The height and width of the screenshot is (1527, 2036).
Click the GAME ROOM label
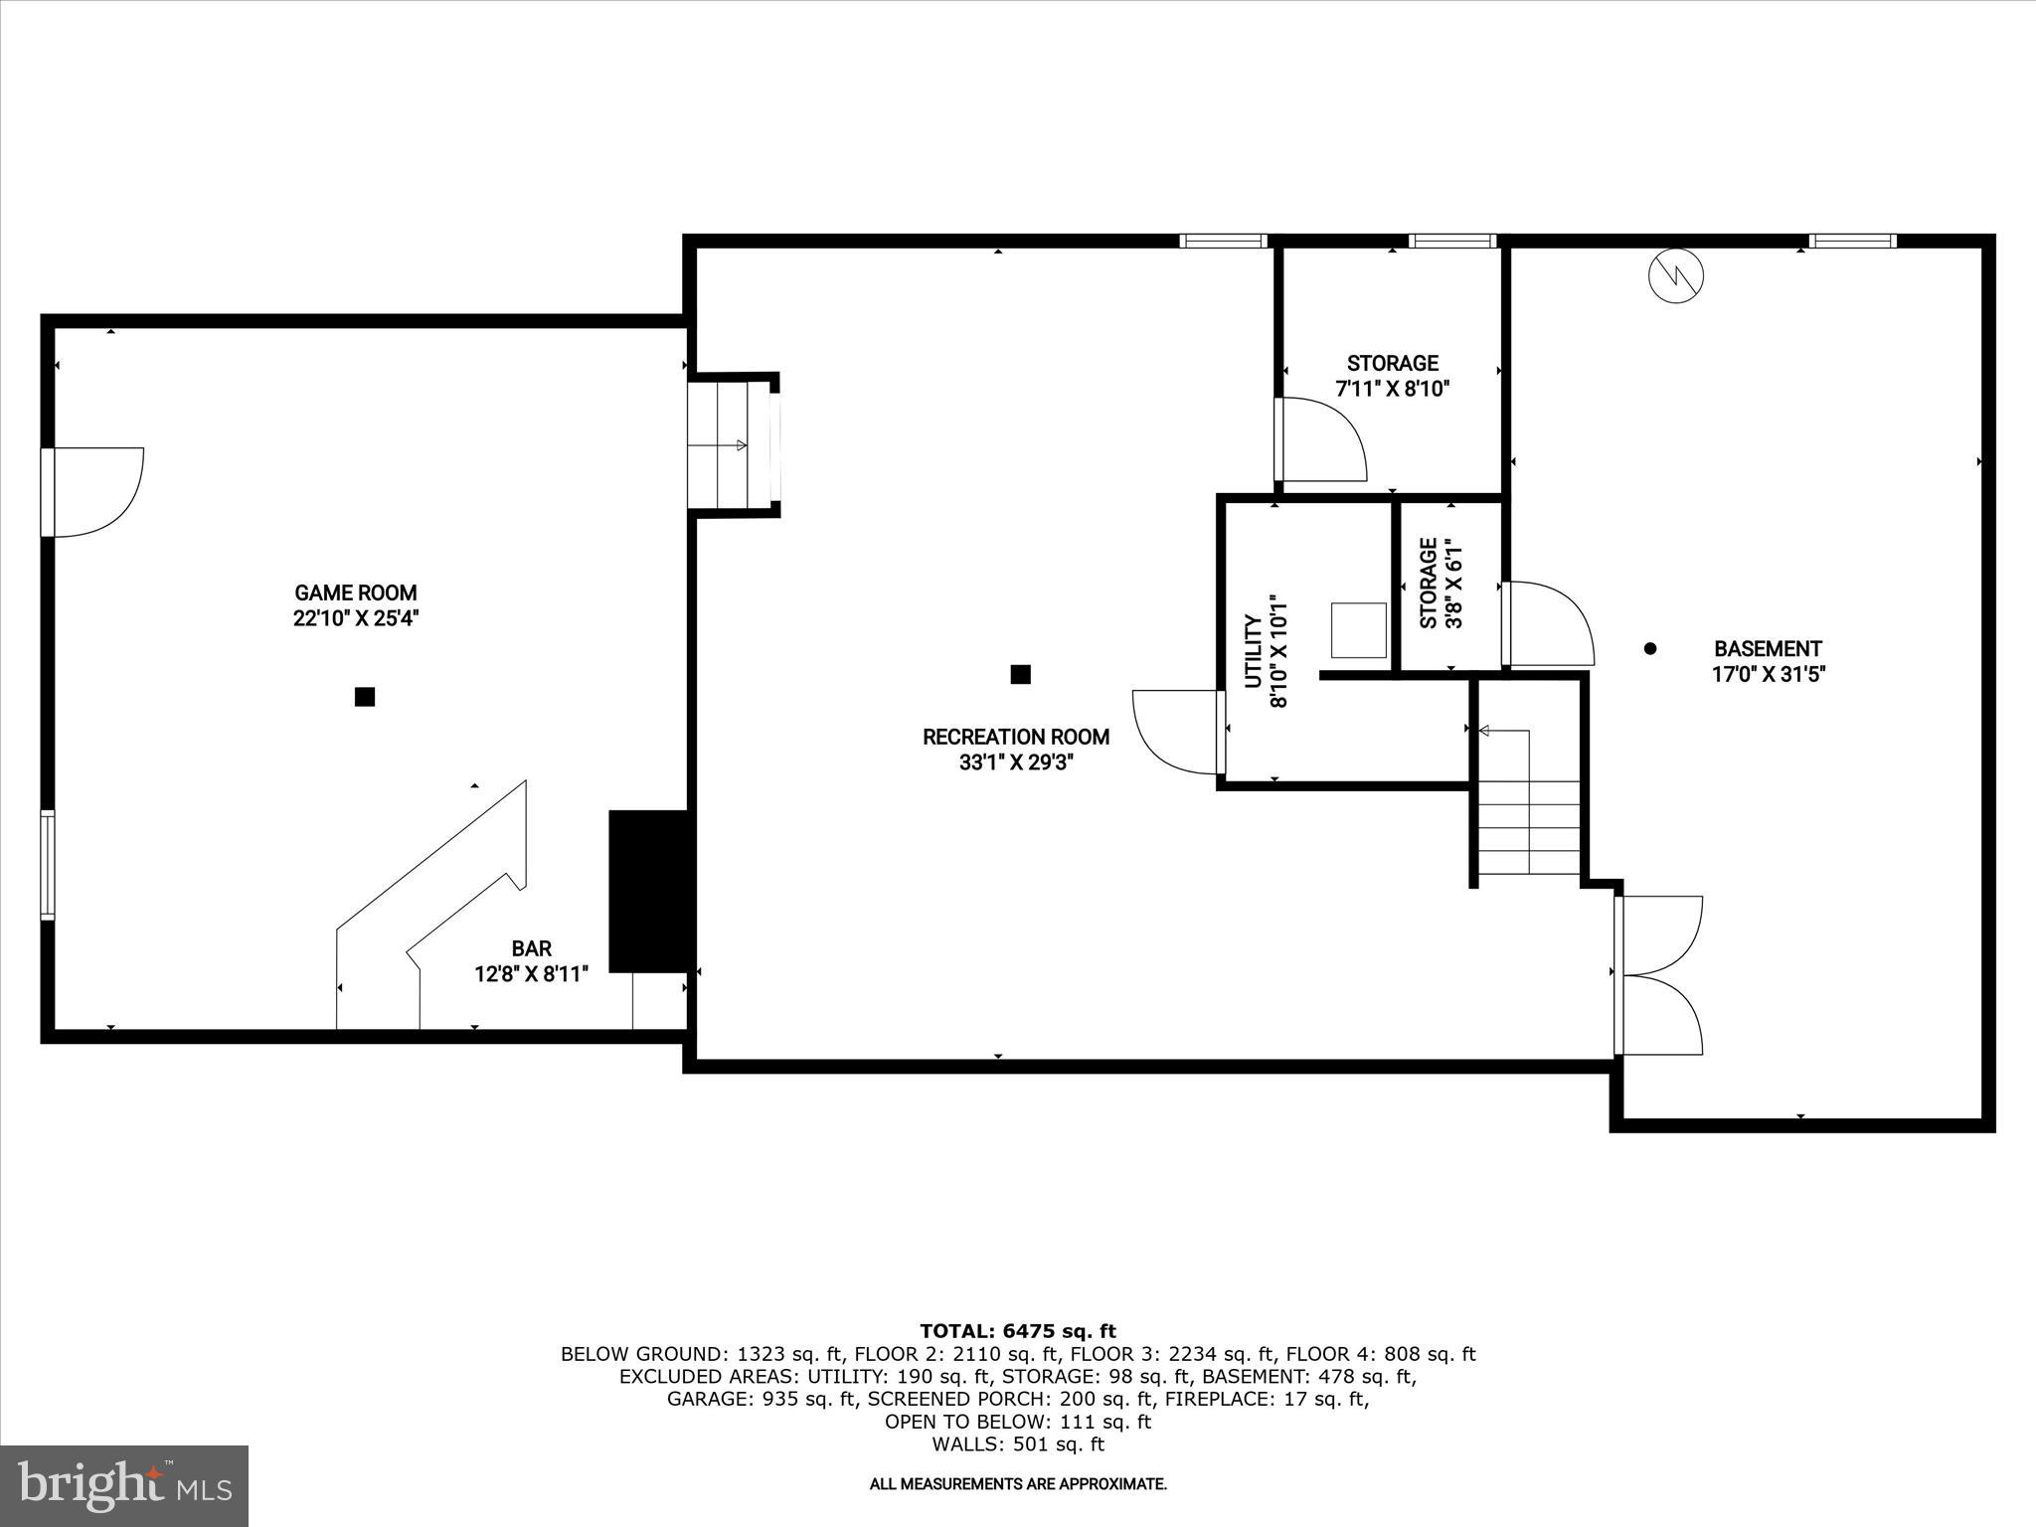[356, 594]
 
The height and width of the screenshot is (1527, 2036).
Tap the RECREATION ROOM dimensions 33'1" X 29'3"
[1016, 763]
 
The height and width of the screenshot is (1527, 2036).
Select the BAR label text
[532, 948]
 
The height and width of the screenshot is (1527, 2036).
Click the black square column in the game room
[365, 697]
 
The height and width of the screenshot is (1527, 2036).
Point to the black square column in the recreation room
[1020, 674]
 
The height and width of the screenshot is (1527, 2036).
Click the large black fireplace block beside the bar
[648, 891]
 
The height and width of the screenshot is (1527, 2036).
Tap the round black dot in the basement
[1650, 648]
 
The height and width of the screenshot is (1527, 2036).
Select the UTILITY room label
[1254, 651]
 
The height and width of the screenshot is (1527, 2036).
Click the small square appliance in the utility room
[1359, 629]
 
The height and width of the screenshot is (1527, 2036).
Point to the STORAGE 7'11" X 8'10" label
[1392, 376]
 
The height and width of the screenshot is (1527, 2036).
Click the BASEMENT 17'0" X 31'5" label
[1769, 661]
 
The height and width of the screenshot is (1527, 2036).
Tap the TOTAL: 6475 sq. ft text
[1017, 1331]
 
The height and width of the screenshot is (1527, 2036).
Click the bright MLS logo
[124, 1485]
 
